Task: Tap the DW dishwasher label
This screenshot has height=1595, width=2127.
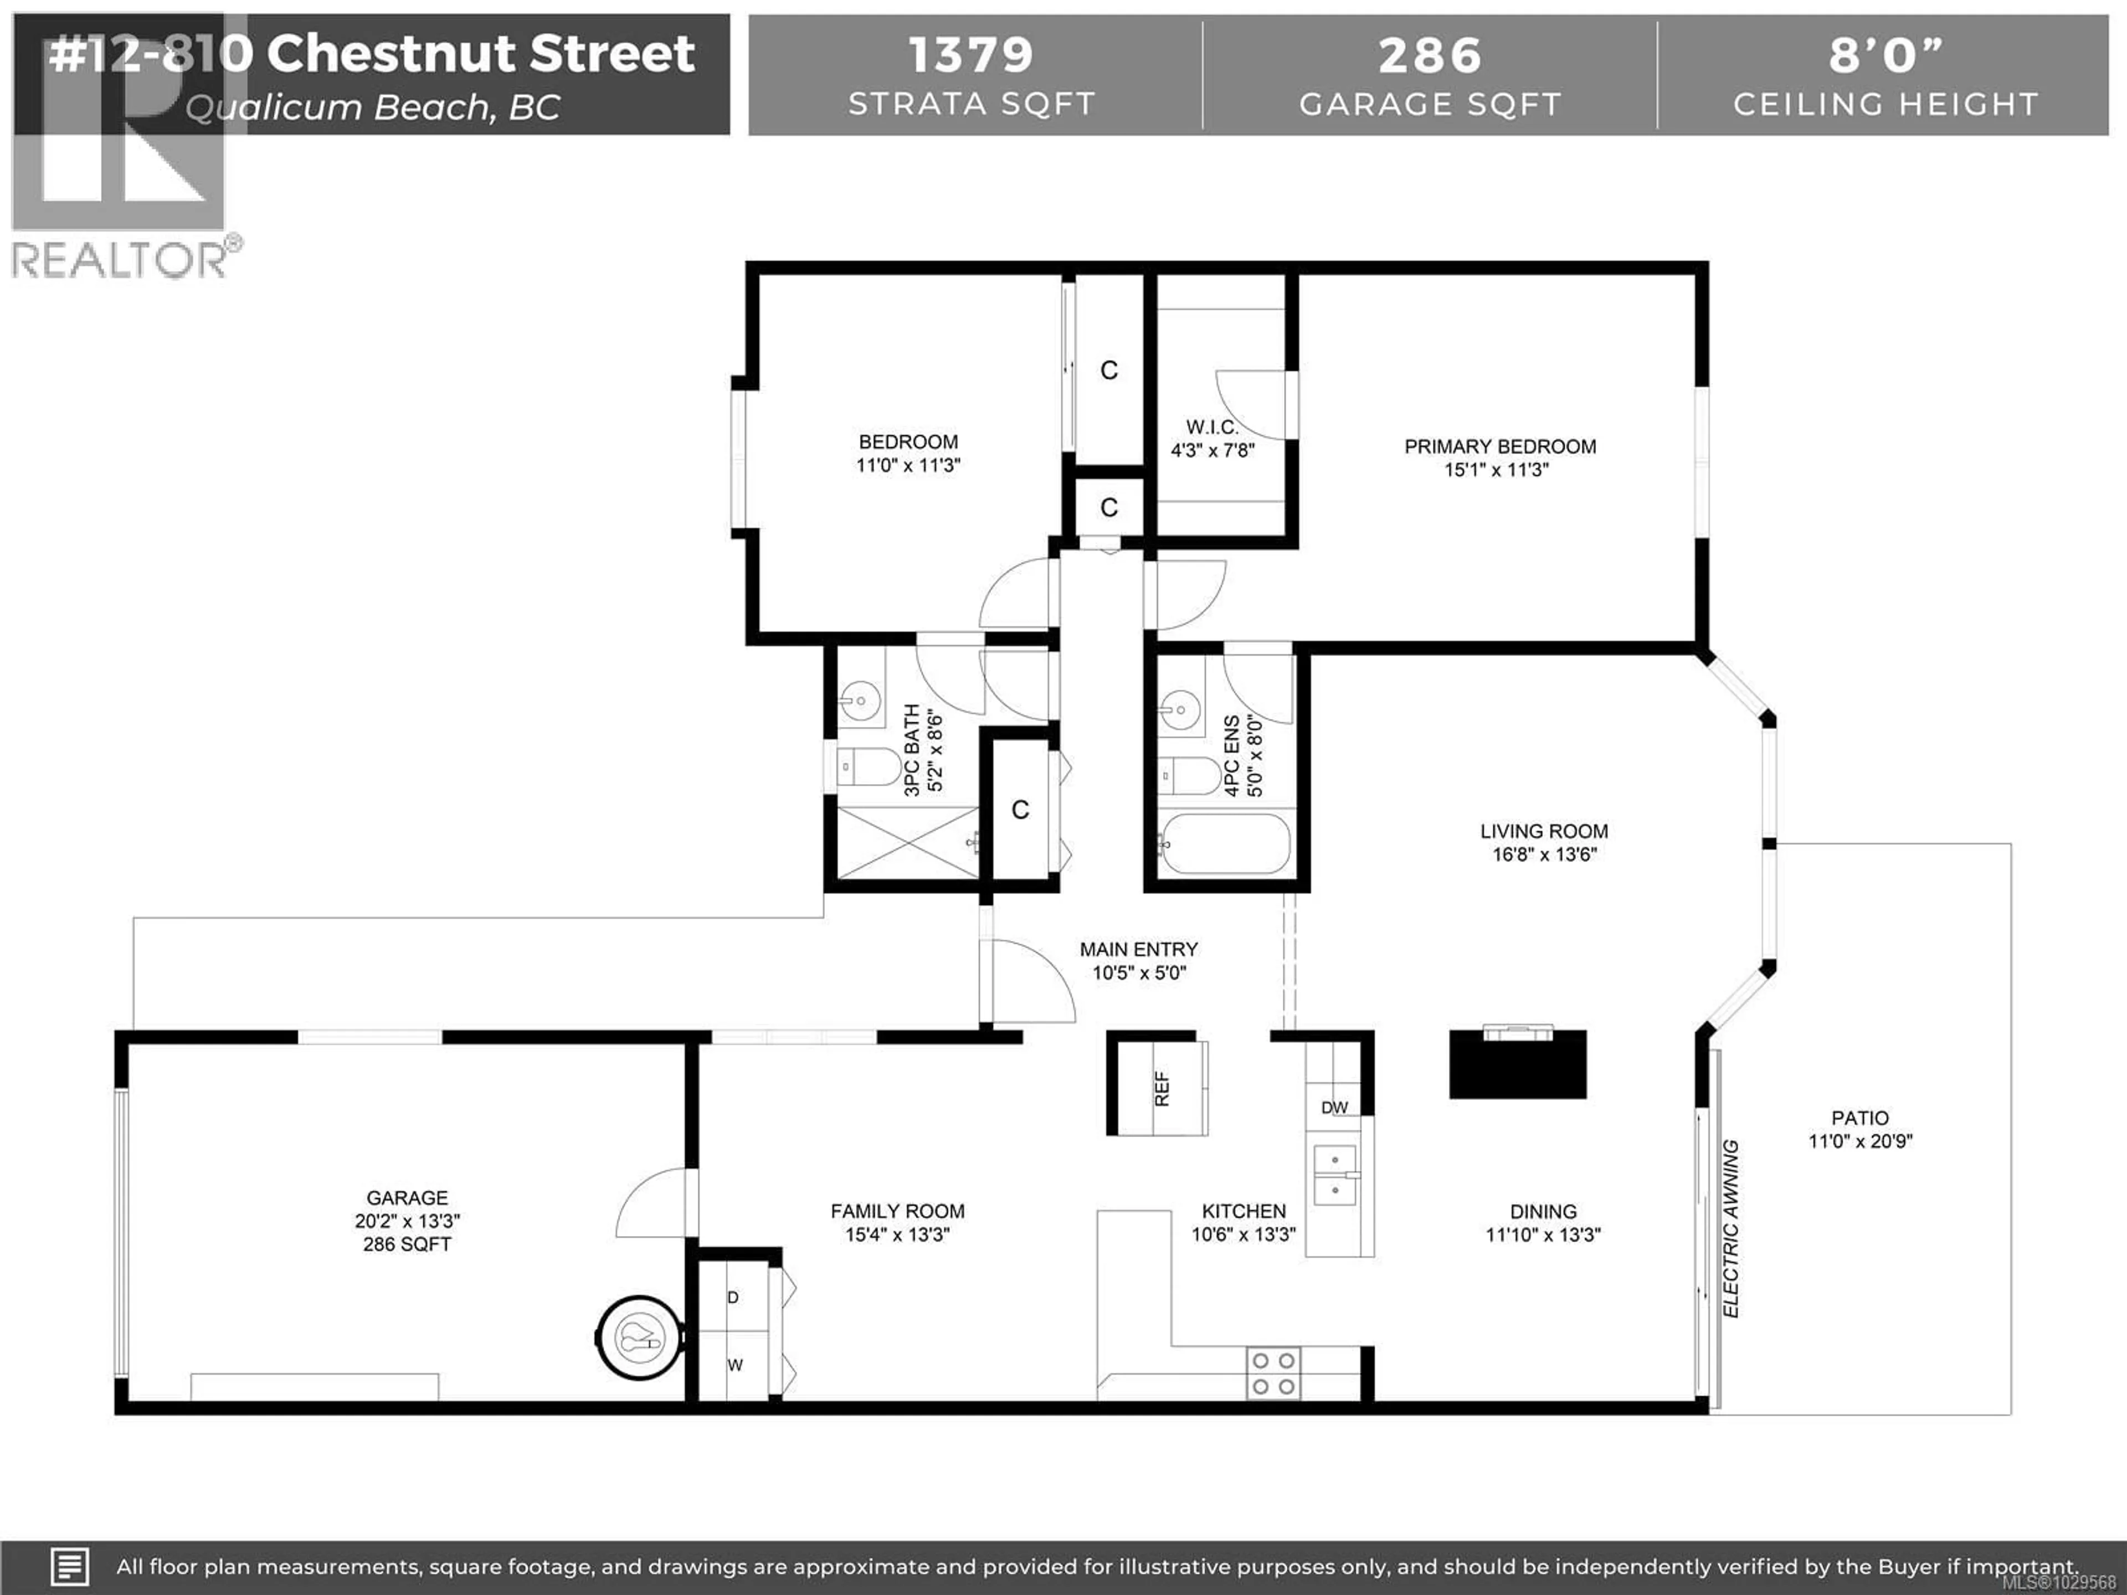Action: tap(1334, 1108)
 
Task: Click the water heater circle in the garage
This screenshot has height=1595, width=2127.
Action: tap(639, 1337)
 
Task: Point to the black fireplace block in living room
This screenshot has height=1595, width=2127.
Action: tap(1517, 1064)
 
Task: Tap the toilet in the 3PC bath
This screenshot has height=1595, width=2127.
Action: tap(869, 767)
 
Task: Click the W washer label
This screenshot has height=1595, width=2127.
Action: tap(734, 1365)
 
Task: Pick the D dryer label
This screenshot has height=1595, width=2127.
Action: tap(733, 1298)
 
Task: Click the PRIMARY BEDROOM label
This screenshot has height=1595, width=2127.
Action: tap(1500, 447)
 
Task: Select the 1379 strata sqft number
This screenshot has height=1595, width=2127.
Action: tap(970, 55)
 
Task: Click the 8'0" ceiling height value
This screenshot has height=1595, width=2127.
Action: tap(1885, 55)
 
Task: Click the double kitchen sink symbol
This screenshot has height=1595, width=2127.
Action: tap(1335, 1175)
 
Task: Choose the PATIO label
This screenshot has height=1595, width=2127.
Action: tap(1859, 1118)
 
